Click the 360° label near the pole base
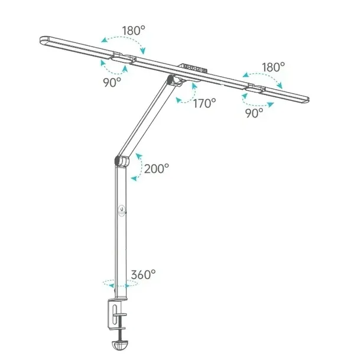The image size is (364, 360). point(143,274)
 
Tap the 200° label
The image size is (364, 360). point(157,169)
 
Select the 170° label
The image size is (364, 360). point(204,103)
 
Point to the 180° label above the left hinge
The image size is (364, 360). point(134,30)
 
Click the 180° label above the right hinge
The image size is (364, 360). point(273,67)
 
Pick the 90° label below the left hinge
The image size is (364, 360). point(112,82)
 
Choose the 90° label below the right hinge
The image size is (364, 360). point(254,113)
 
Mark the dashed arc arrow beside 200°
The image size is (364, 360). point(141,166)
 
